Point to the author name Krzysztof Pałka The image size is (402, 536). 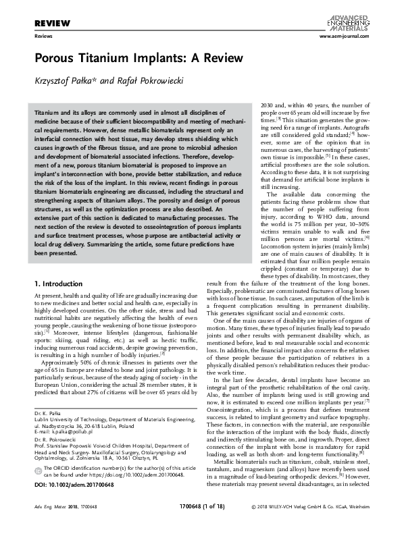(68, 79)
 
